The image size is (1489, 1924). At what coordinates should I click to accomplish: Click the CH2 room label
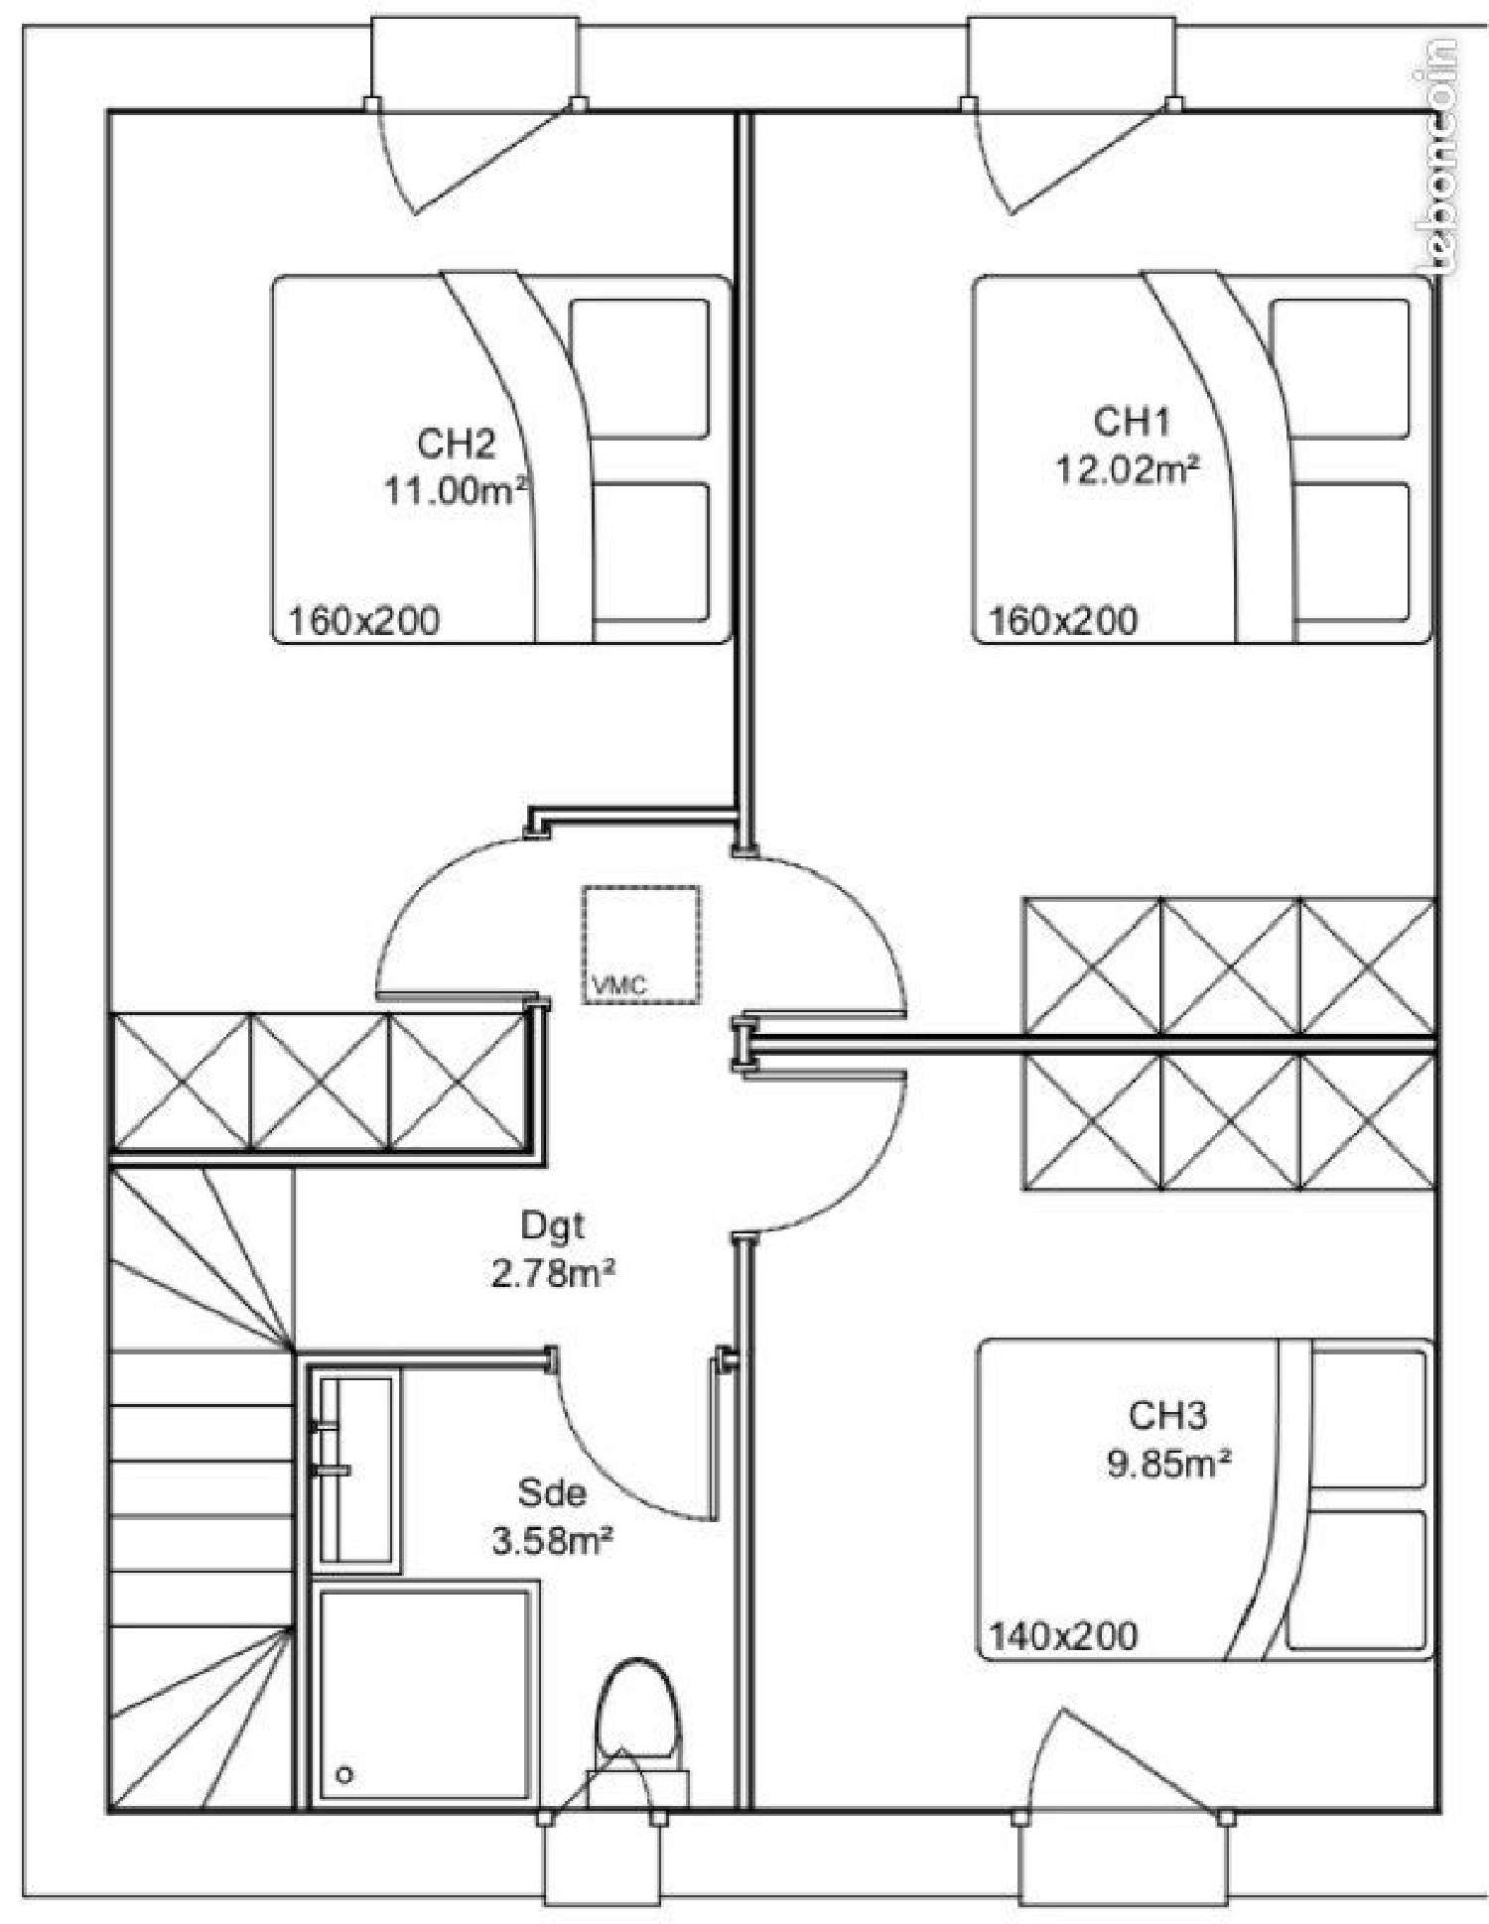click(x=456, y=444)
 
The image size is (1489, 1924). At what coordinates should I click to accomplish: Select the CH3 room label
click(x=1167, y=1415)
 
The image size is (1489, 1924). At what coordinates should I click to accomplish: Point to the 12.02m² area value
click(x=1127, y=469)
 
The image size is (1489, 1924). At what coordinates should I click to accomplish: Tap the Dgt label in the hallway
click(x=553, y=1226)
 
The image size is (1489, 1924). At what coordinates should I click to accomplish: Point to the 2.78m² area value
click(x=553, y=1274)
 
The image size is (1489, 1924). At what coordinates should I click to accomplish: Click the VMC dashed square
click(x=641, y=944)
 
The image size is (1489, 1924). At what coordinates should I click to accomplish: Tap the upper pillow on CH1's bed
click(x=1340, y=368)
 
